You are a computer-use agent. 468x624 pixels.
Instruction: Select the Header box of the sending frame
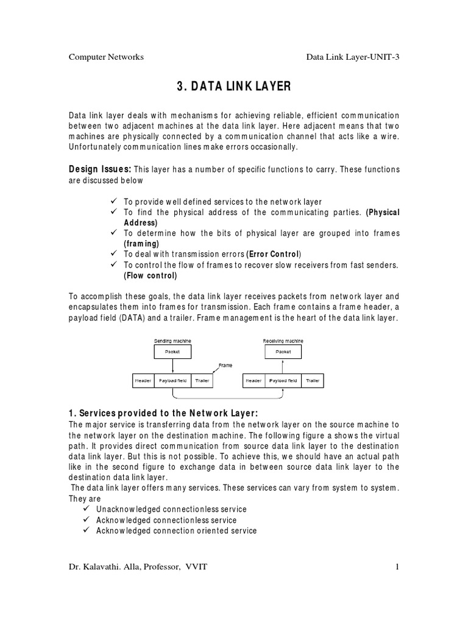click(143, 381)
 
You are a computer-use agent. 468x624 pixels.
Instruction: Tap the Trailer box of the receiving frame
click(313, 381)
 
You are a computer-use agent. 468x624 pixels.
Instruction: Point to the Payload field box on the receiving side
click(283, 381)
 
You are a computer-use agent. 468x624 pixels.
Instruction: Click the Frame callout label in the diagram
click(225, 365)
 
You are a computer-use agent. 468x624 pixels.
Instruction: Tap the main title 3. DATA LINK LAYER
click(233, 87)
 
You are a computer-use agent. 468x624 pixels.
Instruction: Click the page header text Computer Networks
click(106, 57)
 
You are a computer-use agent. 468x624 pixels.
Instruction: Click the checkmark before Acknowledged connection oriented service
click(86, 530)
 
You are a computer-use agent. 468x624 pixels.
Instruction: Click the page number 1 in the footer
click(397, 567)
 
